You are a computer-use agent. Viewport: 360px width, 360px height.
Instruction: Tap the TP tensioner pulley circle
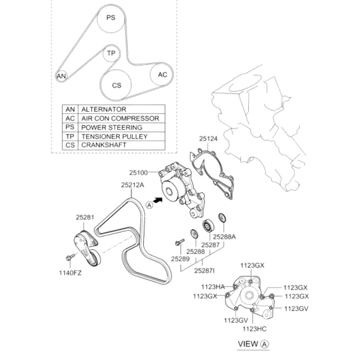click(x=111, y=54)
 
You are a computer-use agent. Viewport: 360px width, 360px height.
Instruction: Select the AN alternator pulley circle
click(x=61, y=76)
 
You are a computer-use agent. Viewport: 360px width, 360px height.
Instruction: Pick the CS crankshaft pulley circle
click(x=116, y=85)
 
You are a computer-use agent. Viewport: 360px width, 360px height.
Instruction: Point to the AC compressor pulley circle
click(x=162, y=75)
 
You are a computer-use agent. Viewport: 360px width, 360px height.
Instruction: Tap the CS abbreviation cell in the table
click(x=70, y=145)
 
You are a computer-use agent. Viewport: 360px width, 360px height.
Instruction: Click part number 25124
click(x=208, y=139)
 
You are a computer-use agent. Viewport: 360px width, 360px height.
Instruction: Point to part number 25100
click(x=139, y=172)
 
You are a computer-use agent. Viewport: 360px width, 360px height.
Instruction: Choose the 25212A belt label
click(x=133, y=185)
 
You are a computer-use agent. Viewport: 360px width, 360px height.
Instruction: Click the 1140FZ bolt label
click(x=70, y=273)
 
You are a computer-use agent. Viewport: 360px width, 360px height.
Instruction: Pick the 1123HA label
click(x=212, y=287)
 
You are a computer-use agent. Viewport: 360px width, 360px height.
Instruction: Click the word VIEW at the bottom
click(x=248, y=344)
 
